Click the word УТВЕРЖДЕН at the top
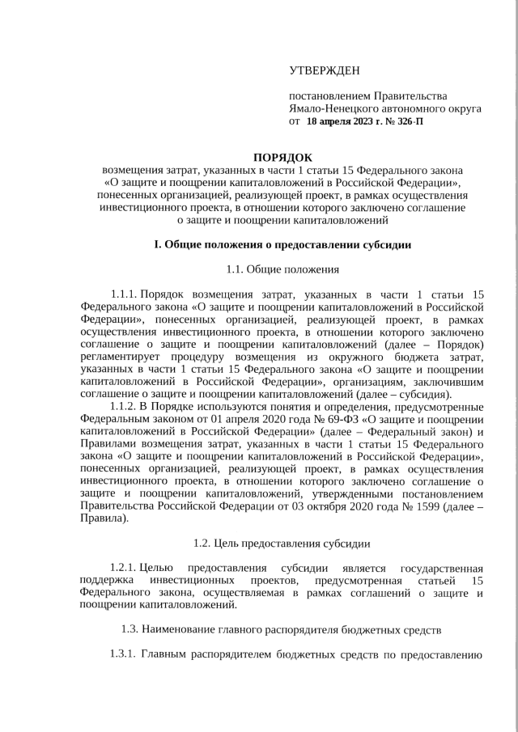[x=324, y=72]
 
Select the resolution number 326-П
[x=407, y=121]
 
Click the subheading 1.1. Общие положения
[x=282, y=269]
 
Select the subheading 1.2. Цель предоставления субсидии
[x=282, y=543]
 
